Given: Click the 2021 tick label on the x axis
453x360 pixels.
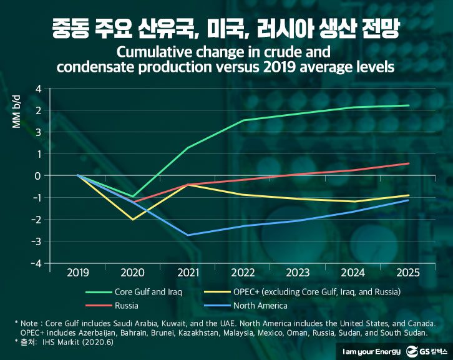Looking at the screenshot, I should pos(188,273).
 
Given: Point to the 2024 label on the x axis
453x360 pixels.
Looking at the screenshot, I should pos(353,273).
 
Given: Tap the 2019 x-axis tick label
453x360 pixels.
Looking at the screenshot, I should pos(77,273).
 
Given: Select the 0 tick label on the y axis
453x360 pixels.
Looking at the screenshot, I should pos(37,176).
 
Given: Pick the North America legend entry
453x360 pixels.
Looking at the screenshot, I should pos(260,306).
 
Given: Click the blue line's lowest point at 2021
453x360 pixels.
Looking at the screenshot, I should pos(188,235).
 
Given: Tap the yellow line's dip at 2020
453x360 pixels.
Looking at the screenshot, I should pos(133,220).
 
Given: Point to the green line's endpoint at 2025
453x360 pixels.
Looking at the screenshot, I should pos(409,105).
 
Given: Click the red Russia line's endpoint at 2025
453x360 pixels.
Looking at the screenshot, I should pos(409,163).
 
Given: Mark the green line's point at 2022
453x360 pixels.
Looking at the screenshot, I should pos(243,120).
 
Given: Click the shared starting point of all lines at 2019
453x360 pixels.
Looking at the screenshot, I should pos(78,175).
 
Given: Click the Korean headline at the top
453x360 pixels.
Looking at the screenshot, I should pos(226,27).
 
